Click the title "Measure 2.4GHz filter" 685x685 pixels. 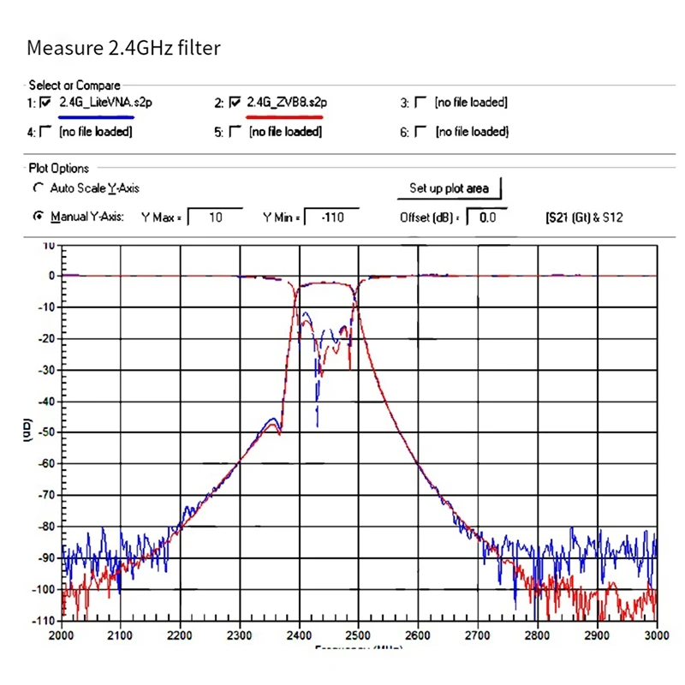click(123, 48)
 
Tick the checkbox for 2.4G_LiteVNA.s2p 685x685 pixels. click(45, 103)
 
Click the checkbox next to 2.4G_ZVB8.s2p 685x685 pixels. click(234, 103)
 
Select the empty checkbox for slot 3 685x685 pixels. click(420, 103)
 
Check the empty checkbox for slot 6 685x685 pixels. click(420, 132)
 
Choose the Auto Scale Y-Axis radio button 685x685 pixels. click(38, 188)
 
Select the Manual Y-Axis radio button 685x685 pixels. click(38, 217)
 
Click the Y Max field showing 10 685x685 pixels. click(215, 217)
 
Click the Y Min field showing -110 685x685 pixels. click(331, 217)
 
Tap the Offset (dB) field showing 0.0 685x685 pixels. click(487, 217)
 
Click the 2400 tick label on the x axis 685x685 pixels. click(300, 636)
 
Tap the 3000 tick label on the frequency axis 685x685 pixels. click(656, 636)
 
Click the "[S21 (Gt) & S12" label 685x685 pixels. click(584, 217)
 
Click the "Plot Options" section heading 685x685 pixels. click(59, 169)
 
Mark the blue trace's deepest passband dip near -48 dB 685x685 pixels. click(318, 425)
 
